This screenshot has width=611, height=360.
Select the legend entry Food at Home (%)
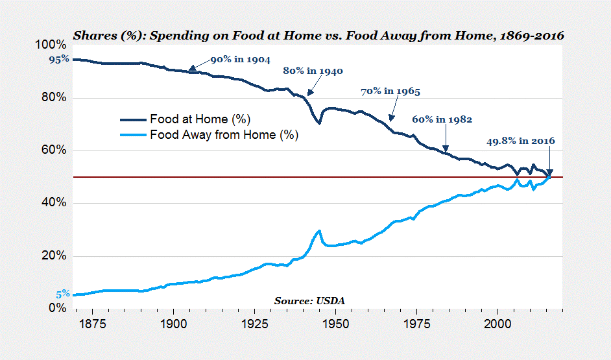tap(200, 119)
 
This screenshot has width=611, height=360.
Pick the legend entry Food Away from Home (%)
tap(224, 136)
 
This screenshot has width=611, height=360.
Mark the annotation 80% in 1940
tap(313, 71)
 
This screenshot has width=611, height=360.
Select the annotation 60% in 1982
tap(442, 119)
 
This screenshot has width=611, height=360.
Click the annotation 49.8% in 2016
tap(520, 141)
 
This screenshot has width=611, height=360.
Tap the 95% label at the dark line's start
tap(58, 60)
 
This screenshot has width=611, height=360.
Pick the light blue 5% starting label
tap(62, 294)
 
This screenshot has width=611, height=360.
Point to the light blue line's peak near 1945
tap(319, 231)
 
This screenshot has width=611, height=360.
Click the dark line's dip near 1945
tap(319, 123)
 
